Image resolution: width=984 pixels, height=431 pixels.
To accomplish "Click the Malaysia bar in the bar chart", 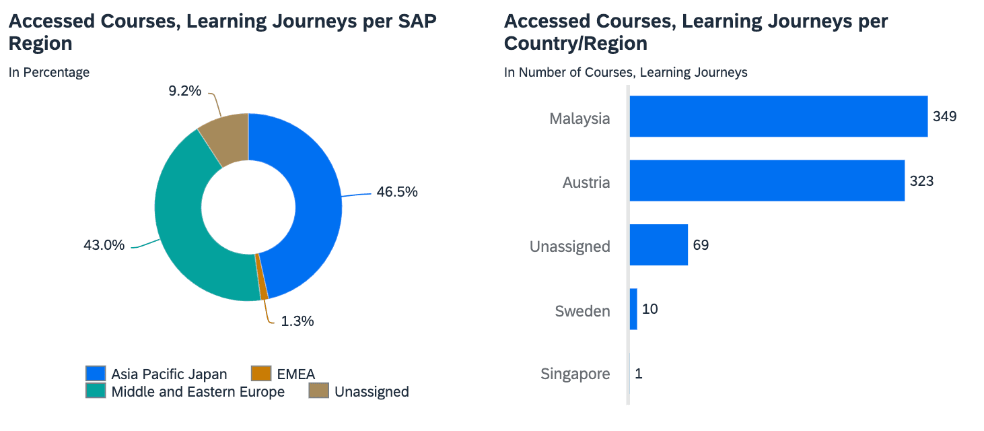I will (x=778, y=117).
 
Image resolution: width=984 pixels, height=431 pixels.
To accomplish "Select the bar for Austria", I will (x=767, y=180).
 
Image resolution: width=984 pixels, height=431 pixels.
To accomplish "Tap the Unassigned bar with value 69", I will (x=658, y=245).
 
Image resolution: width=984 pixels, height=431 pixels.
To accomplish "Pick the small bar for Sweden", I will (x=633, y=309).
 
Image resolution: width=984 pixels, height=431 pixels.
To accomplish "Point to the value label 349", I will (x=944, y=117).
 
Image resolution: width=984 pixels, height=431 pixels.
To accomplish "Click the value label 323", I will (x=921, y=181).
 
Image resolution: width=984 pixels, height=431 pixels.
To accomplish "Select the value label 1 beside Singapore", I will (x=639, y=374).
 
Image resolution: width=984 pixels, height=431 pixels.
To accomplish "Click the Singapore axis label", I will (x=575, y=374).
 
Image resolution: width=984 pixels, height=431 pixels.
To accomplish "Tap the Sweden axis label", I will (x=582, y=311).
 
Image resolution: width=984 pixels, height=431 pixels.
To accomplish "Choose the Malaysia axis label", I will (x=579, y=119).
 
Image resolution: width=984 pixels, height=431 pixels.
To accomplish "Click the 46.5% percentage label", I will (x=397, y=192).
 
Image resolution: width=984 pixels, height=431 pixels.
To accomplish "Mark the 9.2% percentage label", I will (x=184, y=90).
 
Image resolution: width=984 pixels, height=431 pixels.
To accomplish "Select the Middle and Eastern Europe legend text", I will (x=198, y=392).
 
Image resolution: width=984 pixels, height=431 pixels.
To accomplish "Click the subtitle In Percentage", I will (x=49, y=73).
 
